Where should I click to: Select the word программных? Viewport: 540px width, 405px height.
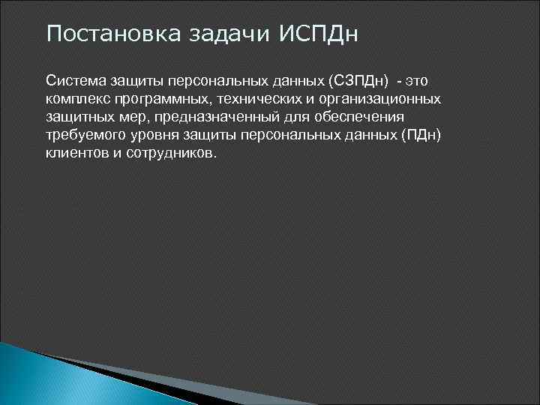(x=156, y=99)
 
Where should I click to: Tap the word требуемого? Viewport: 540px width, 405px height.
(x=84, y=135)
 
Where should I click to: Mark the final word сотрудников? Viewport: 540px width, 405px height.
(x=173, y=153)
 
